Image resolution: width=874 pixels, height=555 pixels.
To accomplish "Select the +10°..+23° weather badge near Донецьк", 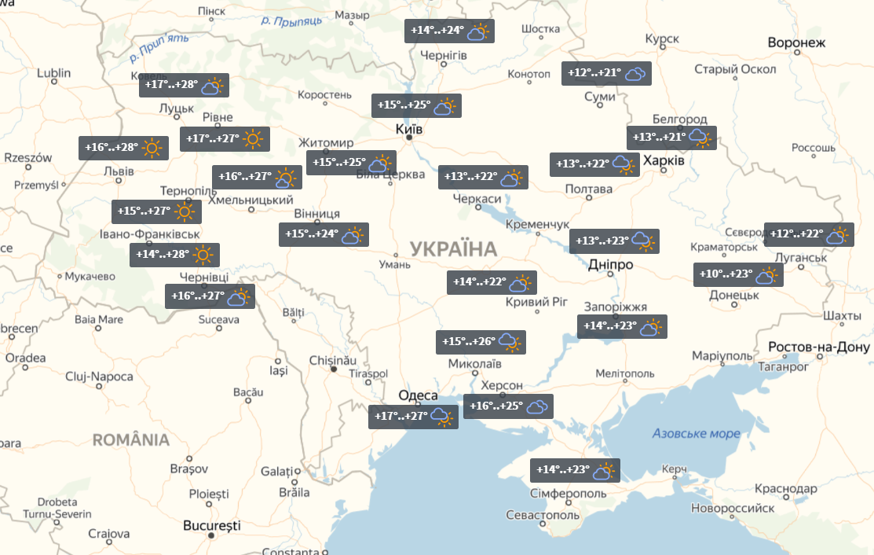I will [x=738, y=275].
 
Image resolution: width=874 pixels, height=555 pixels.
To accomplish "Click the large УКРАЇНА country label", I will [x=453, y=250].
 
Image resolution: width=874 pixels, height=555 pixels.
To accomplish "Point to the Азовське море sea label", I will [x=696, y=434].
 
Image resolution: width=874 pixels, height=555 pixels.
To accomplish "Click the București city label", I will [x=211, y=525].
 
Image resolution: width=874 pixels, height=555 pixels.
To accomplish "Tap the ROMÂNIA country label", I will [x=131, y=439].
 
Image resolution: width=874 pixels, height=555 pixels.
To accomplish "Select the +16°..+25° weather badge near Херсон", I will [x=508, y=406].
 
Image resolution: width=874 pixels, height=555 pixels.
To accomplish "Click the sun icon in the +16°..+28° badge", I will [x=152, y=148].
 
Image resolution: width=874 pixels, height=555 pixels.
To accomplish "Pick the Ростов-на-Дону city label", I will [x=819, y=347].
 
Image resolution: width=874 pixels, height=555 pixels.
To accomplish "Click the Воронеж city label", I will [x=796, y=42].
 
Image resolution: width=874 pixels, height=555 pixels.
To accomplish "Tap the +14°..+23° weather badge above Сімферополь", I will [x=575, y=470].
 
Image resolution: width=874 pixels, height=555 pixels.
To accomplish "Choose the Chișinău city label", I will [x=333, y=359].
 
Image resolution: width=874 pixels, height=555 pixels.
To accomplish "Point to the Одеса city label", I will [x=418, y=395].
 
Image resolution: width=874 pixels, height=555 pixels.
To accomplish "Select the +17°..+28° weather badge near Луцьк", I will [x=184, y=86].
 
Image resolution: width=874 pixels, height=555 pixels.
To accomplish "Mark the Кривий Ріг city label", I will [x=536, y=302].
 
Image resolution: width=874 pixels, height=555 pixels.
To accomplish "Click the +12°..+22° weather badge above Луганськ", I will [x=808, y=234].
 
